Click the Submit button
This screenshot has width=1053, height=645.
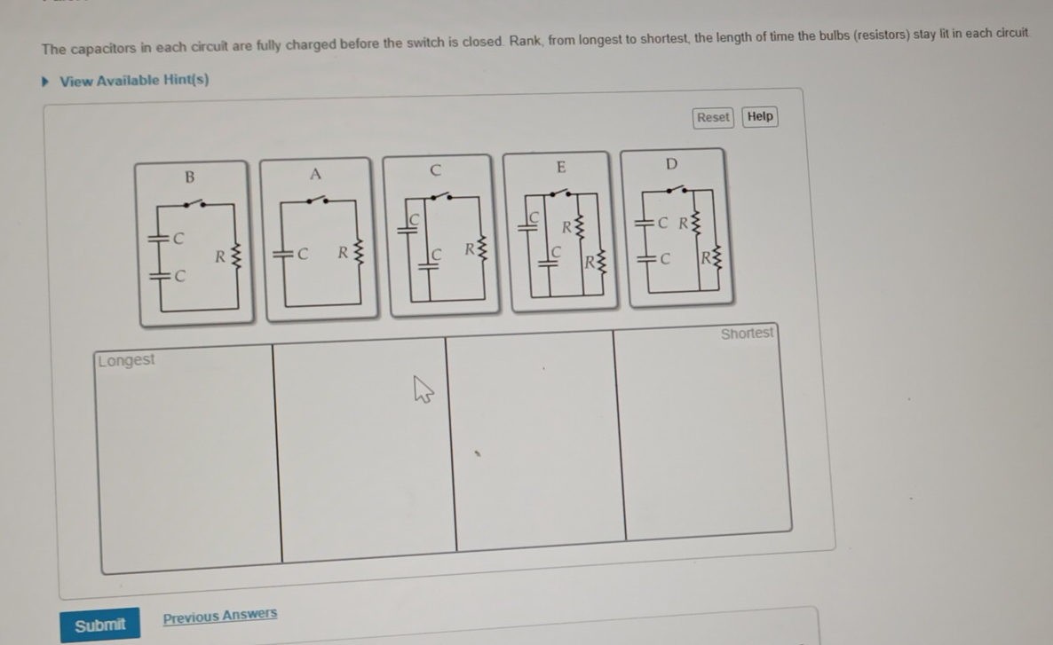(x=100, y=625)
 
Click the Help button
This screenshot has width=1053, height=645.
(x=760, y=117)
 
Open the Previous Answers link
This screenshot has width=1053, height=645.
(x=219, y=616)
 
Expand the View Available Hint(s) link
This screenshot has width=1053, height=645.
(x=134, y=81)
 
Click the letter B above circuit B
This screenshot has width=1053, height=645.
(x=189, y=177)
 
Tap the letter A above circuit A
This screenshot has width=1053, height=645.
(x=315, y=175)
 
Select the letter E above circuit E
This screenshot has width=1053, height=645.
(x=561, y=167)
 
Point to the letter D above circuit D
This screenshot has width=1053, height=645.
(x=671, y=164)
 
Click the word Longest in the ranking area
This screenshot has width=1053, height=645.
(x=126, y=360)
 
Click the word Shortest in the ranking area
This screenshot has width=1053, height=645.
(x=747, y=334)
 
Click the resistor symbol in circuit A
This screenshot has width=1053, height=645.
(x=358, y=253)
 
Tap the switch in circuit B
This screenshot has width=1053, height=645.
(x=194, y=202)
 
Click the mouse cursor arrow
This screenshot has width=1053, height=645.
(x=423, y=389)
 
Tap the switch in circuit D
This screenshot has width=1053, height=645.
(x=677, y=190)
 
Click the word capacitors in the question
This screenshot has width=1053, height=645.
(x=103, y=49)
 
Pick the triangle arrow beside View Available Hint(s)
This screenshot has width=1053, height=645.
(x=45, y=82)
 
